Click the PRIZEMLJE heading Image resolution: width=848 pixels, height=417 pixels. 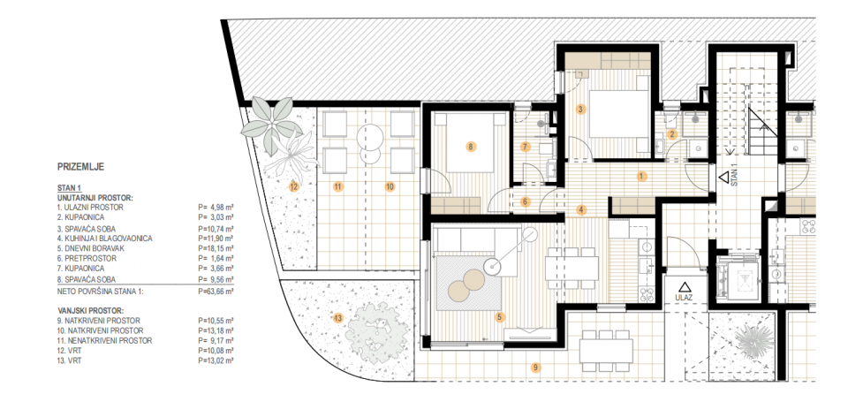80,167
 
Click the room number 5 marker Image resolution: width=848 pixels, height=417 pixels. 500,317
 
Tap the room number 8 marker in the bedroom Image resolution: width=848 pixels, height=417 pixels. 471,146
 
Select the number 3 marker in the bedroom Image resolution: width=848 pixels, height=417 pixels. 580,110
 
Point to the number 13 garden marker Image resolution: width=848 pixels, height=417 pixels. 338,318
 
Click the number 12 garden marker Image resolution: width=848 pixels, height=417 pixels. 293,187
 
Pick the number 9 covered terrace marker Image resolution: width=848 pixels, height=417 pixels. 535,368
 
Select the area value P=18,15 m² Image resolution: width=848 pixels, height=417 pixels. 216,248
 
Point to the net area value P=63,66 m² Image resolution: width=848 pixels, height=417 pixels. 216,291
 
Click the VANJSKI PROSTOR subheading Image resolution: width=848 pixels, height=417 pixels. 90,311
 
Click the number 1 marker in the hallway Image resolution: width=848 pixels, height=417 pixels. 641,176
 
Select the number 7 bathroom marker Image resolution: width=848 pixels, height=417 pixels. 524,146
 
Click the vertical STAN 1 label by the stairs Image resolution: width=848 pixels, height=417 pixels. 735,175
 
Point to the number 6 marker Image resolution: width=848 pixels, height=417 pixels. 524,201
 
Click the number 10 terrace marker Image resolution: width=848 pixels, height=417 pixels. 390,187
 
